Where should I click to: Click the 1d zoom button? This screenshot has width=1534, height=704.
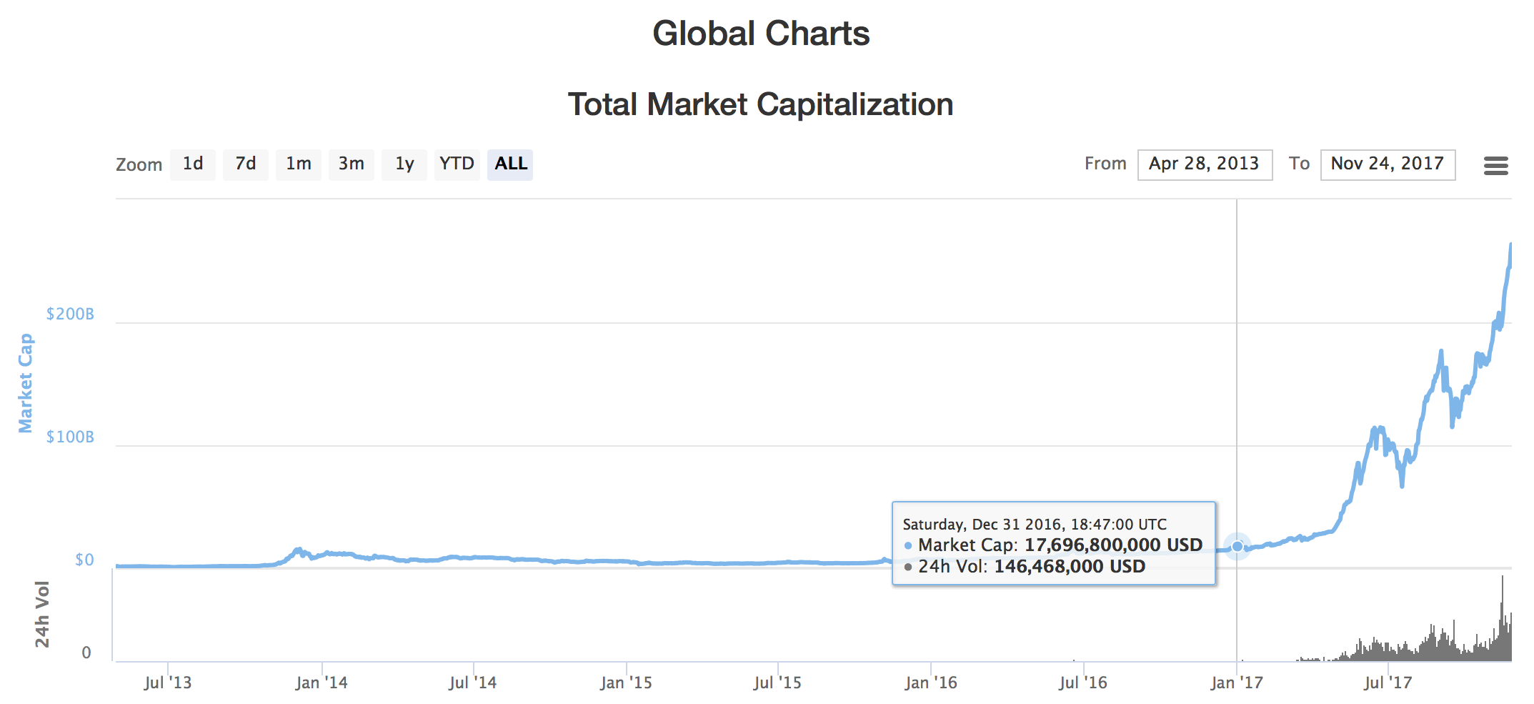(193, 164)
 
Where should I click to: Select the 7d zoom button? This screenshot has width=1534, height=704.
(246, 164)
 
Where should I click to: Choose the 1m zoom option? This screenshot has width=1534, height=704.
(299, 164)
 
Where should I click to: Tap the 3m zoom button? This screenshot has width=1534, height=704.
(352, 164)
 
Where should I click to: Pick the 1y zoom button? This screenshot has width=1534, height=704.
(404, 164)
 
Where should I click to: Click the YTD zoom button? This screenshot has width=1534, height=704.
(457, 164)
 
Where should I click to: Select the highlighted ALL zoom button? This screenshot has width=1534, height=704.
(510, 164)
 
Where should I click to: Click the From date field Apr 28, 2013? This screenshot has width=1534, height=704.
(1205, 164)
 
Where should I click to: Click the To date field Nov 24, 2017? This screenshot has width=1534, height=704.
(1388, 164)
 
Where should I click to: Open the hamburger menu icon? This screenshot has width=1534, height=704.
(1495, 166)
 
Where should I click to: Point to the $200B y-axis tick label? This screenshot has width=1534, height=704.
(70, 314)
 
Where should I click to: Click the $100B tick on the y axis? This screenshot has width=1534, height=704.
(70, 437)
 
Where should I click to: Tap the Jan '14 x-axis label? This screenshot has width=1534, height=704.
(322, 683)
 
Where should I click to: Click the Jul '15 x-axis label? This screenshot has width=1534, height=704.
(777, 683)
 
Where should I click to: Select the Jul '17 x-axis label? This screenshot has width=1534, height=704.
(1388, 683)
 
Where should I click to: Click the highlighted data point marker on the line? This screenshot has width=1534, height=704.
(1237, 546)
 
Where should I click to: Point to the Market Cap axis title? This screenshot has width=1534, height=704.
(26, 383)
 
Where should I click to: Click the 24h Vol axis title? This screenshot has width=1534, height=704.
(43, 614)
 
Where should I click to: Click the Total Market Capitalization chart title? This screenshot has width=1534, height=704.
(760, 104)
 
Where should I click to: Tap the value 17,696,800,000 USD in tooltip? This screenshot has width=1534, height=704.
(1113, 545)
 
